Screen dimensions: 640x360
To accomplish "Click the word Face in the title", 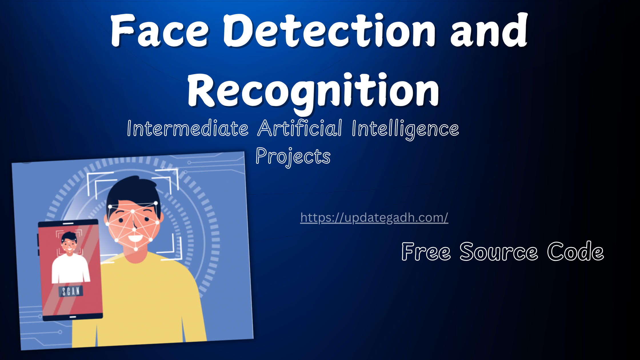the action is [159, 31].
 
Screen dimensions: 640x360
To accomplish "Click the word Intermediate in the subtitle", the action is [188, 128].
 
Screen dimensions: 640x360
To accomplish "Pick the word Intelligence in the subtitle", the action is [405, 129].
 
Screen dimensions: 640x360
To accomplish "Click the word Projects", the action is [293, 157].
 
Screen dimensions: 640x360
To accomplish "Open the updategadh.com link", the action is [374, 218].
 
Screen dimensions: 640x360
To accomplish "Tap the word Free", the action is [426, 251].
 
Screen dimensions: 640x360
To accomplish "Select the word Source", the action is [499, 251].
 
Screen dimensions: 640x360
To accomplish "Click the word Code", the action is [575, 251].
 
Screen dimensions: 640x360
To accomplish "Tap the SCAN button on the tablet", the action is [71, 291].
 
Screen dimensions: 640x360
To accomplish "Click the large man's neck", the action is [137, 256].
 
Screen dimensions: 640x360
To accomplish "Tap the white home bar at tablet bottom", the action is [73, 317].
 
